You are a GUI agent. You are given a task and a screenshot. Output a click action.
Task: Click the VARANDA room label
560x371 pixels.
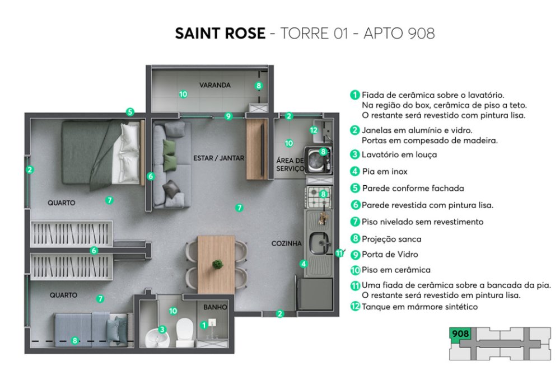click(x=214, y=85)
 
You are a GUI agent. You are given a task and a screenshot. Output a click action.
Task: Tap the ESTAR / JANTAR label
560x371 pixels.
click(x=218, y=158)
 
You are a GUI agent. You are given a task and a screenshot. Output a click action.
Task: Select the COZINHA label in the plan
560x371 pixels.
click(x=286, y=243)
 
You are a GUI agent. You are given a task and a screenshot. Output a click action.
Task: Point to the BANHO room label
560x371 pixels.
click(x=215, y=307)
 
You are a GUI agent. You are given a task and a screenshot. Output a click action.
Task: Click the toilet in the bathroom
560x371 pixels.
click(x=185, y=332)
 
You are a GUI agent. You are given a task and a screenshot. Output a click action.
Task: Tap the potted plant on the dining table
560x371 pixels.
click(x=217, y=264)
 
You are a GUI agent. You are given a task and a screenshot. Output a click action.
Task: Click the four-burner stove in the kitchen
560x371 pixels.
click(x=319, y=198)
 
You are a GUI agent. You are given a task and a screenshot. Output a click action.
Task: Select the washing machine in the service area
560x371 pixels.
click(x=319, y=161)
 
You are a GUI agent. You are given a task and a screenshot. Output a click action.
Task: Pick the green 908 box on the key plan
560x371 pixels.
click(x=460, y=334)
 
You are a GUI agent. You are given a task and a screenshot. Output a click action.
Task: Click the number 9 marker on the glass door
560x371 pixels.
click(x=228, y=116)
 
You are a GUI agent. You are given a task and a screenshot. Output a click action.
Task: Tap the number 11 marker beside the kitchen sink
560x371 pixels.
click(x=339, y=253)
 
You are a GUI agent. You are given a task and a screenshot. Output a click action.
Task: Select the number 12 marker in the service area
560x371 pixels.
click(x=314, y=130)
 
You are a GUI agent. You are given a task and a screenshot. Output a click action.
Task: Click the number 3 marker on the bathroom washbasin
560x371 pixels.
click(x=162, y=329)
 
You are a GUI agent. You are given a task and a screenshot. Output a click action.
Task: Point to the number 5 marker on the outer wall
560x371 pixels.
click(x=130, y=112)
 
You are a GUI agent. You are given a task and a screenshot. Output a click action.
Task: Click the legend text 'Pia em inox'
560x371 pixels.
click(x=385, y=172)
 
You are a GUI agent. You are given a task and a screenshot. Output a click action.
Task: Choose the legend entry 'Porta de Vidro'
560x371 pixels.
click(x=390, y=255)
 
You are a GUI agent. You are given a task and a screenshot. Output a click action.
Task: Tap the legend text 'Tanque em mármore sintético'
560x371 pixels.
click(x=419, y=307)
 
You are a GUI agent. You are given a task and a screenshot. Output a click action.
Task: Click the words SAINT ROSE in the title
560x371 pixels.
click(x=220, y=34)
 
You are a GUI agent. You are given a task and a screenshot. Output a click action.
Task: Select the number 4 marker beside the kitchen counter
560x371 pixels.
click(x=304, y=264)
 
